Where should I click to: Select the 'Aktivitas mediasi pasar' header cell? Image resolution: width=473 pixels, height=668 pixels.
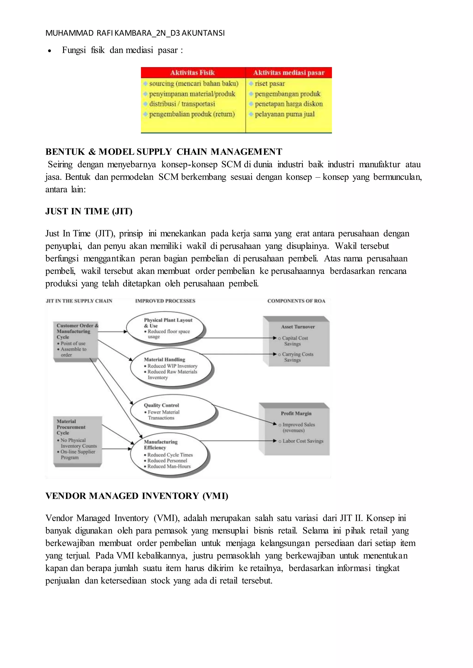289,73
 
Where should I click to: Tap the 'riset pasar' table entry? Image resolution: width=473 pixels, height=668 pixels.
270,84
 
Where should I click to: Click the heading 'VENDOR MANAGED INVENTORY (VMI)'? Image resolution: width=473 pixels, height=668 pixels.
136,496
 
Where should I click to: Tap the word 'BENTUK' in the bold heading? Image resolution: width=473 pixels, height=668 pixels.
65,152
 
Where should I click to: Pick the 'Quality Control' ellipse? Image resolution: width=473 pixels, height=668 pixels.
173,411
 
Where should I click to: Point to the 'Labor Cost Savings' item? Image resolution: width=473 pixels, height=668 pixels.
303,441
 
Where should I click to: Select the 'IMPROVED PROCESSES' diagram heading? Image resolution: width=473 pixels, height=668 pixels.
165,301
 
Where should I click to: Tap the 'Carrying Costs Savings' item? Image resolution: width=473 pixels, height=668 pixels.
297,357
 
